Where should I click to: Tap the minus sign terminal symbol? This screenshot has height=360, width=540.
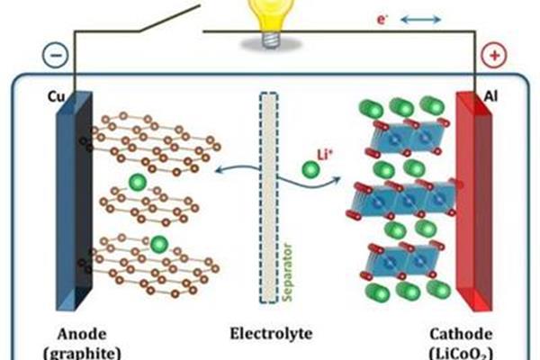click(56, 55)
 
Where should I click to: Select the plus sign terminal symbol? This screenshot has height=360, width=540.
click(494, 55)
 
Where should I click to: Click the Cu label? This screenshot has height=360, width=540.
click(56, 97)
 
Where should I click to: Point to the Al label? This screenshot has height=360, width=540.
click(490, 96)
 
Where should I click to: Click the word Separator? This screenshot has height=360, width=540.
click(287, 273)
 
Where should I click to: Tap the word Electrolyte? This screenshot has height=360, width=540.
click(271, 333)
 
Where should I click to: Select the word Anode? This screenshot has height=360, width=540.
click(82, 334)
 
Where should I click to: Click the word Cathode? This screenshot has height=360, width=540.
click(461, 334)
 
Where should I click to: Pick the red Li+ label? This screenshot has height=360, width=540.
click(324, 155)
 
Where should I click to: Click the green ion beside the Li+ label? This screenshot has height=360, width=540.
click(310, 170)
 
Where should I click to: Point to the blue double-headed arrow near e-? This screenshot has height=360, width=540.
click(421, 20)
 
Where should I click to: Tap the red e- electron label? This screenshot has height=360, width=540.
click(382, 19)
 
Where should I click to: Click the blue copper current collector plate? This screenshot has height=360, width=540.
click(74, 201)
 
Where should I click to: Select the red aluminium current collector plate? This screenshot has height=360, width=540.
click(473, 201)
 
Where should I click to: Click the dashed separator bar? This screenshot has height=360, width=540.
click(268, 198)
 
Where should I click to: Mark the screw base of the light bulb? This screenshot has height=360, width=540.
click(270, 40)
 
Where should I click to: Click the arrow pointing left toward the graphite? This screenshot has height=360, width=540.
click(238, 168)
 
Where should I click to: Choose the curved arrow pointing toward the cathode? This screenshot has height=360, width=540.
click(309, 182)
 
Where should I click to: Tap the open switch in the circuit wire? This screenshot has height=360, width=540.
click(169, 18)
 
